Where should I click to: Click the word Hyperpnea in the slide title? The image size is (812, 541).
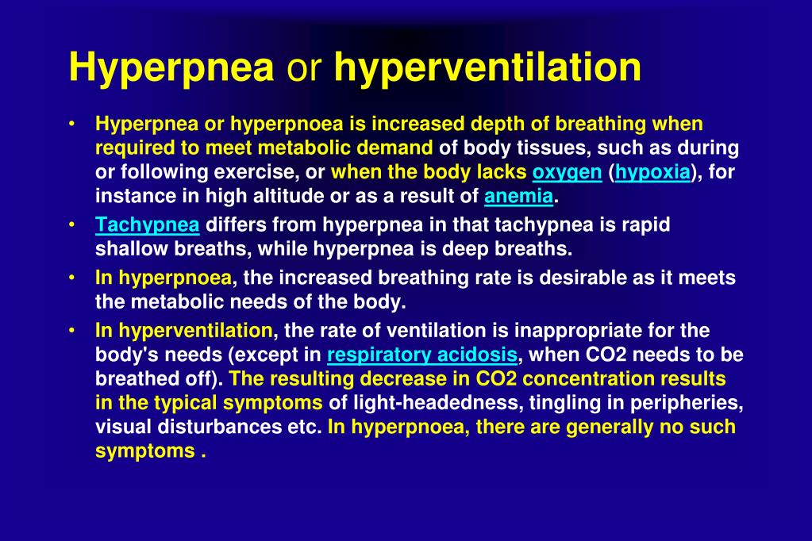click(171, 67)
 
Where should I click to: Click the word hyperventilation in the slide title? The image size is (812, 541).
click(487, 67)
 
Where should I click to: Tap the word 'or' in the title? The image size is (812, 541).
click(303, 69)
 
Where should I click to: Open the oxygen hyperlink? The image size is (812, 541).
click(567, 172)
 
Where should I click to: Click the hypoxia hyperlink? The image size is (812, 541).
click(652, 172)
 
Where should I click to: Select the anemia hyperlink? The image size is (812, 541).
click(518, 196)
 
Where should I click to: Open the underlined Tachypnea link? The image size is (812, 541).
click(147, 225)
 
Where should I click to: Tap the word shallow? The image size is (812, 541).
click(129, 248)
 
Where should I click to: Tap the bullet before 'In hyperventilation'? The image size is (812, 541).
click(72, 330)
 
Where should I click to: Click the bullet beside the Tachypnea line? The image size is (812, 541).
click(72, 225)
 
